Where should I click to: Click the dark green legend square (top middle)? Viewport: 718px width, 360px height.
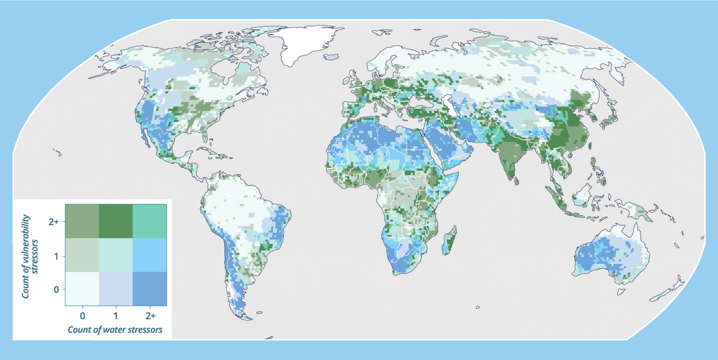pyautogui.click(x=116, y=222)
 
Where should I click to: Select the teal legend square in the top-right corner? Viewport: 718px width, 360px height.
pyautogui.click(x=150, y=222)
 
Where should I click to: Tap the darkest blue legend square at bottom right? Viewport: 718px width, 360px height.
pyautogui.click(x=150, y=289)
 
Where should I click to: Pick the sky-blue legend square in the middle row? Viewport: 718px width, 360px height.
pyautogui.click(x=150, y=255)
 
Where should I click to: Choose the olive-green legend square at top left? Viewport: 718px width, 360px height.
pyautogui.click(x=82, y=222)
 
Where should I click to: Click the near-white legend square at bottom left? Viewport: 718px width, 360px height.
pyautogui.click(x=82, y=289)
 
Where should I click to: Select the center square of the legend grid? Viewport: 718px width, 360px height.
pyautogui.click(x=116, y=255)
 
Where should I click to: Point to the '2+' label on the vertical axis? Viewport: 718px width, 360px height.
pyautogui.click(x=54, y=222)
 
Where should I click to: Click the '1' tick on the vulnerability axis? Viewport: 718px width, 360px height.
pyautogui.click(x=56, y=256)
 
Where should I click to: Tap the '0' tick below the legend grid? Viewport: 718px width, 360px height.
pyautogui.click(x=82, y=316)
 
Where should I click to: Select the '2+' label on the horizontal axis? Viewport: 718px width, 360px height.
pyautogui.click(x=150, y=316)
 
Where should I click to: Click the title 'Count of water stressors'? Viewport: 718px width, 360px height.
pyautogui.click(x=115, y=330)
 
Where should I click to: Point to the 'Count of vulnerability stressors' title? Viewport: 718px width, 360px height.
pyautogui.click(x=29, y=256)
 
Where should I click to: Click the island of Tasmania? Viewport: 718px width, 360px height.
pyautogui.click(x=621, y=291)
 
